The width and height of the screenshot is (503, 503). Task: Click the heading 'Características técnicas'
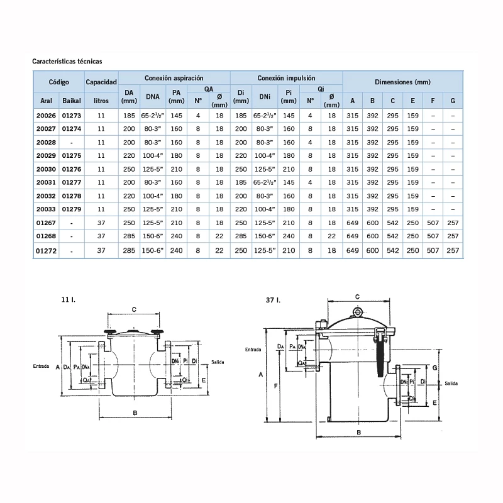point(67,62)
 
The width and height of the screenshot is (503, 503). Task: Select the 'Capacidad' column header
point(101,82)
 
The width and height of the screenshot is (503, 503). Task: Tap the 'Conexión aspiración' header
point(174,78)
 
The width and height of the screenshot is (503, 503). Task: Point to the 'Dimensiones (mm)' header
point(402,82)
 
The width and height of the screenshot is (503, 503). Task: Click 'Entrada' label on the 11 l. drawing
point(42,365)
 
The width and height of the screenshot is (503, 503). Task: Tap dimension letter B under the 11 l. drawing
point(135,412)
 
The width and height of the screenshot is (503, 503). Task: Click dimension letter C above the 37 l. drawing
point(357,296)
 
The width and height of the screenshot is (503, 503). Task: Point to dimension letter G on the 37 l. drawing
point(434,367)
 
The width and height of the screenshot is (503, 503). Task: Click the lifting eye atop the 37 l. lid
point(357,312)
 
